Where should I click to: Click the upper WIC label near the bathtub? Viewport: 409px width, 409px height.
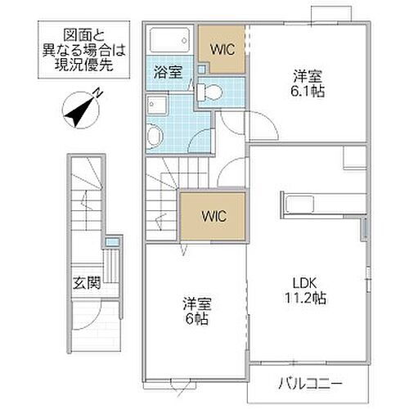[x=222, y=49]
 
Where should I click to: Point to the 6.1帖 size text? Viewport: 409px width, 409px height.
[x=308, y=92]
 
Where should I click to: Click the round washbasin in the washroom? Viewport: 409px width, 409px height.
[x=155, y=133]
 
